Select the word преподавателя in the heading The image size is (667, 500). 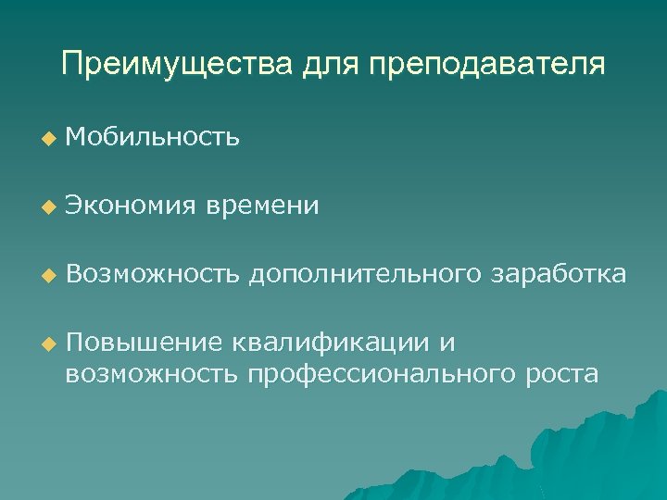[486, 65]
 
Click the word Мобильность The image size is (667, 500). [153, 137]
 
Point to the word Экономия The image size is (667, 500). [131, 206]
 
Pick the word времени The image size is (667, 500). [264, 206]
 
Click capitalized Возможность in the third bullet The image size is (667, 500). [153, 274]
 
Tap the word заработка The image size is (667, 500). [561, 274]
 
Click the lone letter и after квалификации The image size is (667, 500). [447, 344]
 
